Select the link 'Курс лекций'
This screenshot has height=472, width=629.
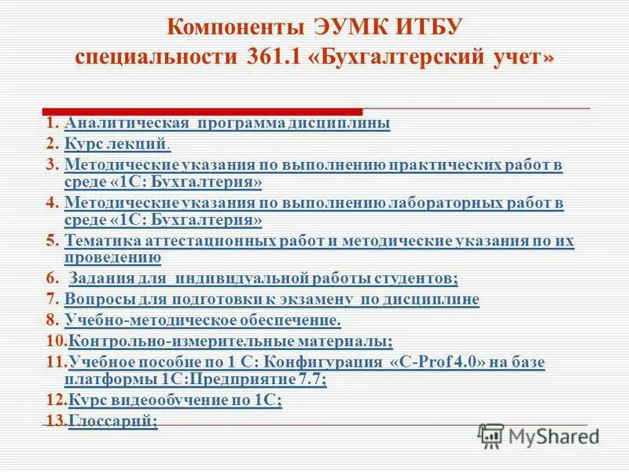(116, 144)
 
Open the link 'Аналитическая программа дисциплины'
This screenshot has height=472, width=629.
(227, 124)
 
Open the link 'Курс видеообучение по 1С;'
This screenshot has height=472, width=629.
(175, 400)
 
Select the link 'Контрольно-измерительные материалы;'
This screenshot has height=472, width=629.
(230, 341)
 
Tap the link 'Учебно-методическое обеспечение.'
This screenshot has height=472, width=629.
(203, 320)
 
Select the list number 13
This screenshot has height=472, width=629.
(54, 422)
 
